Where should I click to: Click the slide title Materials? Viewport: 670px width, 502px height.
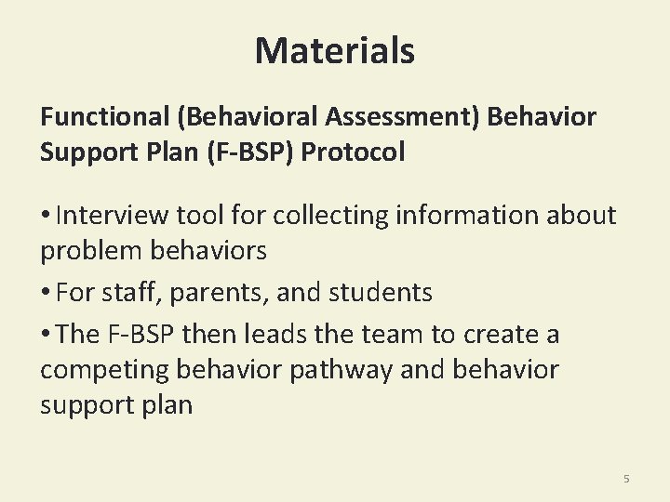[x=335, y=50]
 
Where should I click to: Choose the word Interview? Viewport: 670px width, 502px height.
[x=110, y=216]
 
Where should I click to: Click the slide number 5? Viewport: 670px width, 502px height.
[x=626, y=479]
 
